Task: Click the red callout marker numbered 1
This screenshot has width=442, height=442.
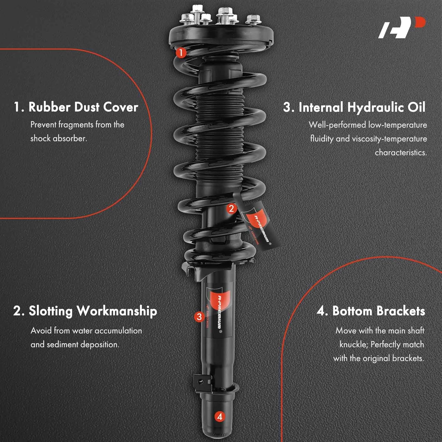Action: click(181, 53)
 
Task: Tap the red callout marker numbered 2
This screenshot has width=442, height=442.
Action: click(231, 209)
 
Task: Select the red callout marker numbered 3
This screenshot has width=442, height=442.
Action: click(199, 317)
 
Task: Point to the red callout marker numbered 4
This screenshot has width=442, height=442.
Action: click(220, 417)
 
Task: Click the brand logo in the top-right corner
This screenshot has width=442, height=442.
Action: click(402, 28)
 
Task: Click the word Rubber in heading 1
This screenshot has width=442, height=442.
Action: click(49, 107)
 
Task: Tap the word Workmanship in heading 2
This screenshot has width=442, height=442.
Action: click(117, 311)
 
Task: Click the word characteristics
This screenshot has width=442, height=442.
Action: click(400, 153)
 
